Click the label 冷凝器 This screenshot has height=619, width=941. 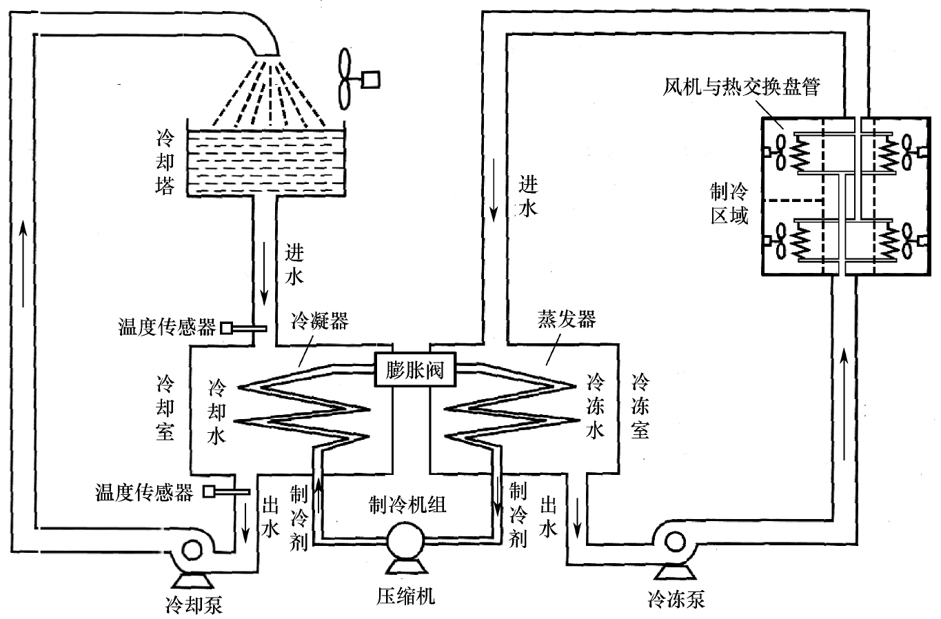coord(319,322)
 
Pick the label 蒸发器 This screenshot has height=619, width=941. coord(567,319)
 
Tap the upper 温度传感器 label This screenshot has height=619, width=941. coord(168,327)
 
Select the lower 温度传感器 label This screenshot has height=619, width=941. coord(144,492)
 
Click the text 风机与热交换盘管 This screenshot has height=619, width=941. coord(742,88)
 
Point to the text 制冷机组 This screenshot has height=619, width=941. coord(408,505)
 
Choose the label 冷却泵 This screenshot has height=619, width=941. coord(194,605)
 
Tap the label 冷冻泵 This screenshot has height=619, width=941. coord(676,599)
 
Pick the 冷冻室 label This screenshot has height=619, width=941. coord(640,407)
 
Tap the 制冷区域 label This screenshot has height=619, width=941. coord(730,203)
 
